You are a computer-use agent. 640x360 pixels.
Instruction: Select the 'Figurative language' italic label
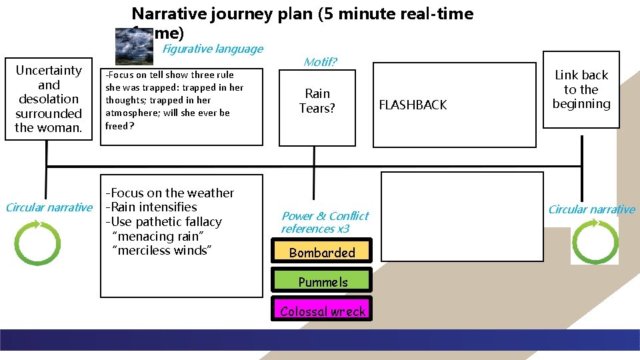point(213,49)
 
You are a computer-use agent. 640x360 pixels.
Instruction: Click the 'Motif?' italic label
point(320,63)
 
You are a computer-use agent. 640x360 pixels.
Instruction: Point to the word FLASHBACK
point(413,105)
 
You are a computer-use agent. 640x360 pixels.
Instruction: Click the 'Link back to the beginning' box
point(581,89)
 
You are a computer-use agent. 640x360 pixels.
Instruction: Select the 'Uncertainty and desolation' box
point(49,99)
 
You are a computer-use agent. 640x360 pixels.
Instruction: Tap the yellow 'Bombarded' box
point(322,253)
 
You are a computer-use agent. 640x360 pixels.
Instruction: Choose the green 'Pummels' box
point(323,282)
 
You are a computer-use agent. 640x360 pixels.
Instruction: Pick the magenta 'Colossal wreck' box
point(323,311)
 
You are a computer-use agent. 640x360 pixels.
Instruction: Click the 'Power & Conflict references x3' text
point(325,222)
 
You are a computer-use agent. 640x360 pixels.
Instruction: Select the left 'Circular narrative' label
point(49,207)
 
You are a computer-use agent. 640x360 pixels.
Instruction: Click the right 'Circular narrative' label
point(591,209)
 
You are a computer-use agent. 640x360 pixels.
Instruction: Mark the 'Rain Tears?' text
point(317,101)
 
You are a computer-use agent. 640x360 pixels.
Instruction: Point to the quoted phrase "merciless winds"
point(163,250)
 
